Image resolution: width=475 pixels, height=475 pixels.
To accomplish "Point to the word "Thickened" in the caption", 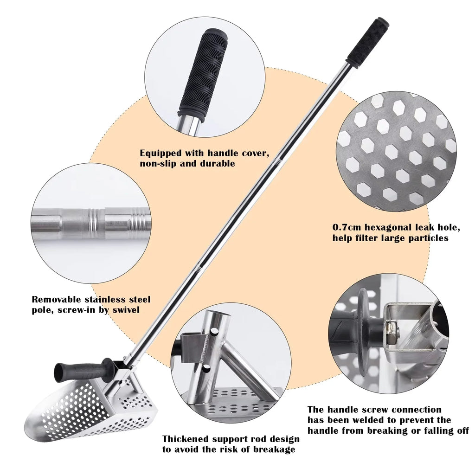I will click(x=185, y=439).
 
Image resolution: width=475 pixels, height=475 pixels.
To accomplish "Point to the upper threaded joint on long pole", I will click(x=277, y=161).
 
